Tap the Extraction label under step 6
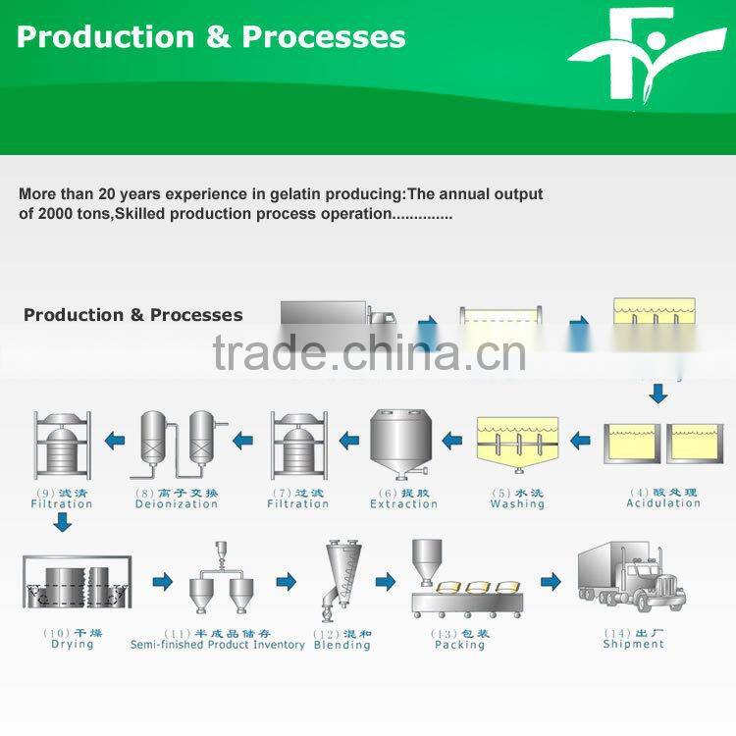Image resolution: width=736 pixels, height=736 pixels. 403,503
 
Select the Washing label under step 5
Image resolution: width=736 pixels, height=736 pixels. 517,503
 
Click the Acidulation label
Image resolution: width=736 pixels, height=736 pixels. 663,502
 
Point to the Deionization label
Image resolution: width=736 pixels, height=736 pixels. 177,503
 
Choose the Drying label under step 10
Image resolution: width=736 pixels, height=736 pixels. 73,644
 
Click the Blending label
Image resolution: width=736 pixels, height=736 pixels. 342,645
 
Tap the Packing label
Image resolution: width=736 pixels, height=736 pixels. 459,645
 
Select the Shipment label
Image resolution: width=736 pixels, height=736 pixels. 633,644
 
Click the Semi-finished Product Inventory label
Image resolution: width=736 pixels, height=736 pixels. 218,645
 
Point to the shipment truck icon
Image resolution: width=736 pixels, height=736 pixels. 632,577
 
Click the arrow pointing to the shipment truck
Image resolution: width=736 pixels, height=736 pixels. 551,581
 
